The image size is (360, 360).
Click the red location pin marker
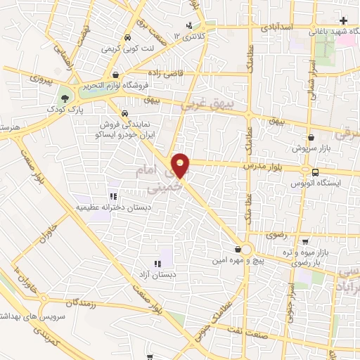click(181, 165)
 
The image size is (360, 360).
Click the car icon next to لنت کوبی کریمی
click(127, 38)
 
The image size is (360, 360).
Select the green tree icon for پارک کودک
click(65, 98)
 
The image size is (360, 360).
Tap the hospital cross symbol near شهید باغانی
click(343, 20)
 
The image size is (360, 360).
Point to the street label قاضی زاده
click(166, 72)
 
